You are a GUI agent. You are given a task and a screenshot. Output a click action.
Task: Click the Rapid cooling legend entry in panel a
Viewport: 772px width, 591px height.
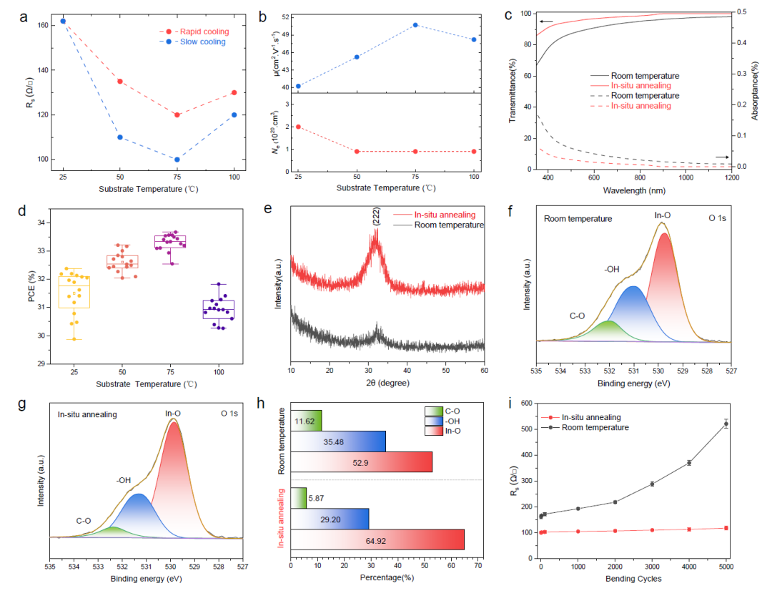(x=194, y=31)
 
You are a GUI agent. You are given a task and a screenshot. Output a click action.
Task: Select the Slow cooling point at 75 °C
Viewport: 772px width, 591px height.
(x=177, y=160)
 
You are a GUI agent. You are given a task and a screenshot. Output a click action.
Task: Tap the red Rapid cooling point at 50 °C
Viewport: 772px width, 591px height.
(x=120, y=82)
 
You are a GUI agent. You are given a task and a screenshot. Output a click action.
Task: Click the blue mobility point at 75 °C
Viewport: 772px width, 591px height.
(x=415, y=24)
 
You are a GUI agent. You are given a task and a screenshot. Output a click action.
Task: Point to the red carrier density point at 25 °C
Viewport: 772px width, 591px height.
(x=298, y=127)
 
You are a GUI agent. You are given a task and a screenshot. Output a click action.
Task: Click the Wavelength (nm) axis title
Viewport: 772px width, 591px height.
(x=634, y=190)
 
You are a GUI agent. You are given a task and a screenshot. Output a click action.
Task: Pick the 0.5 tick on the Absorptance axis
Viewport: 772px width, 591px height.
(x=741, y=11)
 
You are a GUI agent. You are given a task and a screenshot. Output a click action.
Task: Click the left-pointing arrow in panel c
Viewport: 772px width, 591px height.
(x=546, y=21)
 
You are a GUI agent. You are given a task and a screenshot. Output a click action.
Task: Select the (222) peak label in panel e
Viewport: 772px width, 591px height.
(x=376, y=216)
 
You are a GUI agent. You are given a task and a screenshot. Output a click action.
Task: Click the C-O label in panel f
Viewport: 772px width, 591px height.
(x=577, y=316)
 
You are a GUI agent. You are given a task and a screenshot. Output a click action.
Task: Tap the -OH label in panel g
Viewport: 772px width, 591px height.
(x=124, y=480)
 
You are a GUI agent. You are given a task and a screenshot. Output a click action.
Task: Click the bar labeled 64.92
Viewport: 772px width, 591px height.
(x=377, y=539)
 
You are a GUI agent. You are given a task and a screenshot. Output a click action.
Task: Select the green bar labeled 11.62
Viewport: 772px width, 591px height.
(x=306, y=421)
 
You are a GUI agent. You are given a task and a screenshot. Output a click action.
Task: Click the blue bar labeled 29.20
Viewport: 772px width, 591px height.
(x=330, y=519)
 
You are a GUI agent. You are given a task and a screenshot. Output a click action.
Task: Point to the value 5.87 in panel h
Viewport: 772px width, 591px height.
(x=316, y=498)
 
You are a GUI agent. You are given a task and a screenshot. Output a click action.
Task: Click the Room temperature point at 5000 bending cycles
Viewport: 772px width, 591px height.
(x=726, y=424)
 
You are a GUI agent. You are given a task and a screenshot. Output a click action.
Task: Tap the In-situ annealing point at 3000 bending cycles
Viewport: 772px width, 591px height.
(x=652, y=530)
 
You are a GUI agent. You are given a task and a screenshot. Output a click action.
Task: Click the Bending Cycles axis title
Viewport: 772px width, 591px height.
(x=633, y=579)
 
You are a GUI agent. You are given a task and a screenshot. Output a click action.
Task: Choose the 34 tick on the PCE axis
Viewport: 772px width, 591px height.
(x=41, y=223)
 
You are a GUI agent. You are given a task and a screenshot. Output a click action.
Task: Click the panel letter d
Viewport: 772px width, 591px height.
(x=22, y=211)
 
